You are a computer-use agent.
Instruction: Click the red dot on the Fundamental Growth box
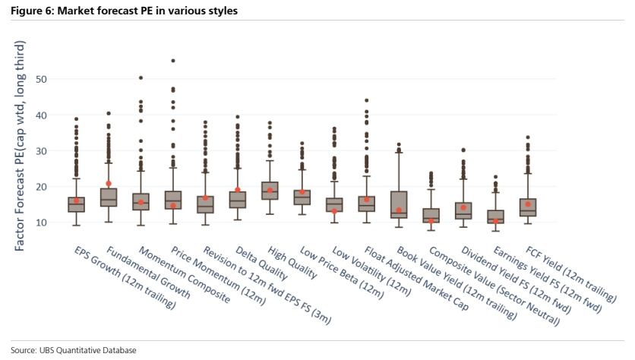[x=109, y=184]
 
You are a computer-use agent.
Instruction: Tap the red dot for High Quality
[x=270, y=191]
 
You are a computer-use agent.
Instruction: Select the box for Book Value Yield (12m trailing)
[x=399, y=205]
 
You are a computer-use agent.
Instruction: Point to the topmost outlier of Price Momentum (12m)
[x=173, y=61]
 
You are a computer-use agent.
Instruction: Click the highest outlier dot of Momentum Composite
[x=141, y=77]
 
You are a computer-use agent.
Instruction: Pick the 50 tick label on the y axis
[x=41, y=80]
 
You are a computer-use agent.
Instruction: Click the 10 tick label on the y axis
[x=41, y=223]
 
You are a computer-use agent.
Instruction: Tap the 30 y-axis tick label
[x=41, y=151]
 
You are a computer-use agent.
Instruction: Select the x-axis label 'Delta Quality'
[x=261, y=263]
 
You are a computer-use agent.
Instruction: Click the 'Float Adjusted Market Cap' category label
[x=416, y=278]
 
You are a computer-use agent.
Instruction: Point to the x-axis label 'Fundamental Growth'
[x=148, y=272]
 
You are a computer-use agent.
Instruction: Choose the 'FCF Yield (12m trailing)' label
[x=571, y=274]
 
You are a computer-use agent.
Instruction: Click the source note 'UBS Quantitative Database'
[x=88, y=350]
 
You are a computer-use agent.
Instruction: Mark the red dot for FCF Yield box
[x=528, y=204]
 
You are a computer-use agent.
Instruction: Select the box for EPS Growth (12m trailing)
[x=76, y=204]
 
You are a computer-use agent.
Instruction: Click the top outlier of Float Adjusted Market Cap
[x=367, y=100]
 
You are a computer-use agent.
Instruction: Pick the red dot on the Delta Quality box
[x=238, y=190]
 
